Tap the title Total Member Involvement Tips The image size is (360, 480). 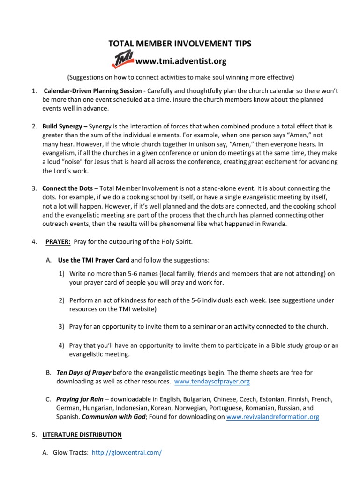(180, 44)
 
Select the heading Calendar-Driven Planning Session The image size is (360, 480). (92, 90)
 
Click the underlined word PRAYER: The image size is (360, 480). (58, 242)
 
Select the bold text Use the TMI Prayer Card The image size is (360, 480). (93, 260)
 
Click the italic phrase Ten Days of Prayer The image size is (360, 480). (84, 373)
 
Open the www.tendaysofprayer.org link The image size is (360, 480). (212, 382)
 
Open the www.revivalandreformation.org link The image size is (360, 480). (272, 417)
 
